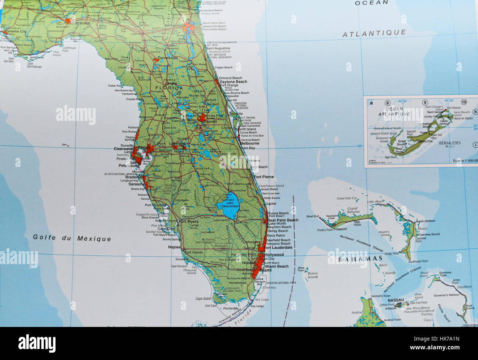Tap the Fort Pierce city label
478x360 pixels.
pyautogui.click(x=264, y=177)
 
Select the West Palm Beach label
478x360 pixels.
pyautogui.click(x=282, y=220)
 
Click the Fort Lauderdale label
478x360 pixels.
pyautogui.click(x=278, y=248)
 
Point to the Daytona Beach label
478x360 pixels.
pyautogui.click(x=233, y=82)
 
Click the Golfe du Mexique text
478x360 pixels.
pyautogui.click(x=72, y=238)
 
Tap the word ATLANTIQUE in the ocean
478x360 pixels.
pyautogui.click(x=374, y=33)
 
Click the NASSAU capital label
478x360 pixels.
pyautogui.click(x=396, y=300)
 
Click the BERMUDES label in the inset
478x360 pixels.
pyautogui.click(x=449, y=143)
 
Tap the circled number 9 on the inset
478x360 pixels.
pyautogui.click(x=425, y=102)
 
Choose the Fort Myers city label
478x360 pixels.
pyautogui.click(x=188, y=222)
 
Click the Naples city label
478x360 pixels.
pyautogui.click(x=174, y=247)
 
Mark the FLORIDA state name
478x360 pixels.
pyautogui.click(x=169, y=88)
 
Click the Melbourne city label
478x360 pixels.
pyautogui.click(x=249, y=144)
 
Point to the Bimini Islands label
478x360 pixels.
pyautogui.click(x=313, y=275)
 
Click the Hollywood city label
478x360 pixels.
pyautogui.click(x=274, y=255)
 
